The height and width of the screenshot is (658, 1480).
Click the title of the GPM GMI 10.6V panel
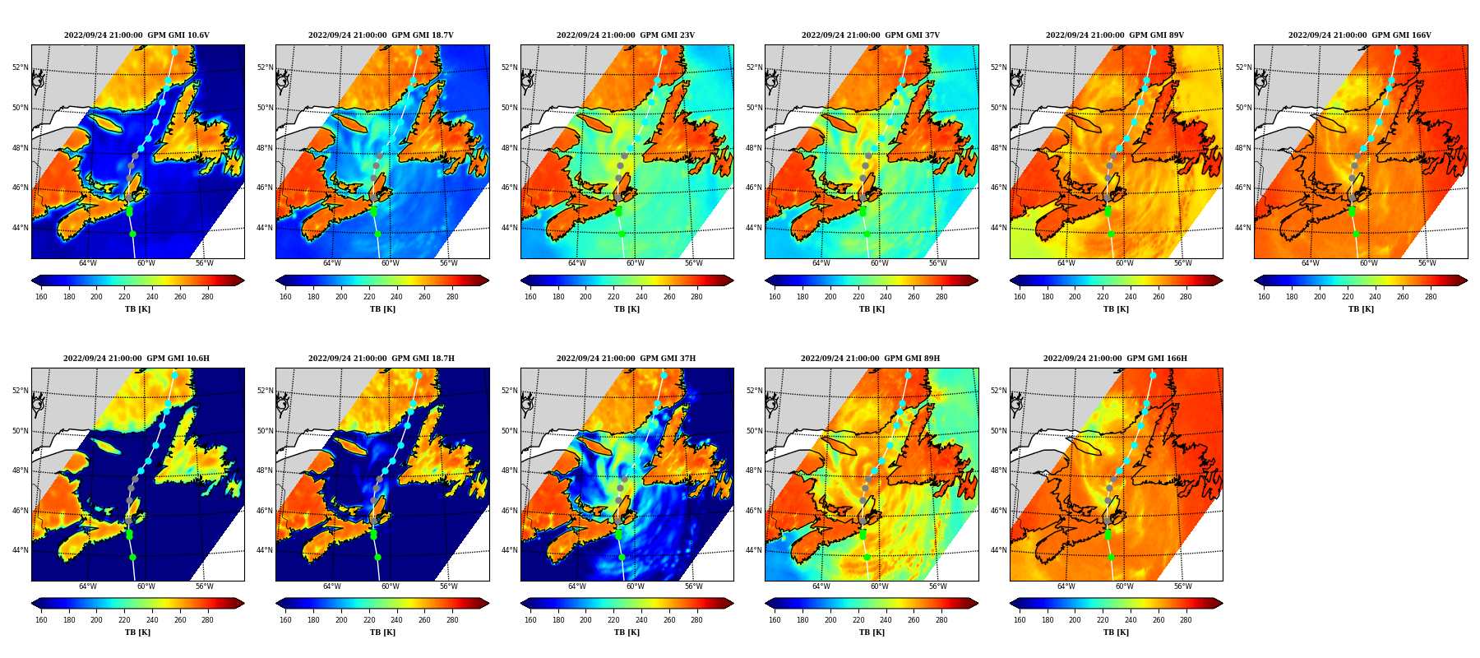[136, 35]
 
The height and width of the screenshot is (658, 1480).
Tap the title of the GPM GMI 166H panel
[1115, 359]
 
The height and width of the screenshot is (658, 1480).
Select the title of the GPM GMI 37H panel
[626, 359]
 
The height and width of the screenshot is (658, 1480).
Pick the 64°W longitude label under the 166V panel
[1310, 264]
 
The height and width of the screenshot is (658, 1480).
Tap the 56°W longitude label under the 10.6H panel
[204, 587]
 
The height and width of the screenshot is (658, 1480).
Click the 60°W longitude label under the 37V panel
[879, 264]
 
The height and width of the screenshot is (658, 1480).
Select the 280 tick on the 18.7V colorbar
[452, 297]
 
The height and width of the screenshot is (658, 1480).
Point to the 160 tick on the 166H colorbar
[1020, 620]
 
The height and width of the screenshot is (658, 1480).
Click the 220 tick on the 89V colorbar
[1103, 297]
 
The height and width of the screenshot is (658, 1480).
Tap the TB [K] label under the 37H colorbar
[627, 633]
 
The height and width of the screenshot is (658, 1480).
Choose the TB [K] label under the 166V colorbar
[1361, 309]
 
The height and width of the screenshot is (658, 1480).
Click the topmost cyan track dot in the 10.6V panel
[174, 52]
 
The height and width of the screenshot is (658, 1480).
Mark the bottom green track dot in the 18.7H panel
[377, 557]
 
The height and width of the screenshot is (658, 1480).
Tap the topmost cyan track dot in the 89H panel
[908, 375]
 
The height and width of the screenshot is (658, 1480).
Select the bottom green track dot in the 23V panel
[622, 234]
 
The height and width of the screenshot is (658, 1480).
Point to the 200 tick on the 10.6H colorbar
[96, 620]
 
